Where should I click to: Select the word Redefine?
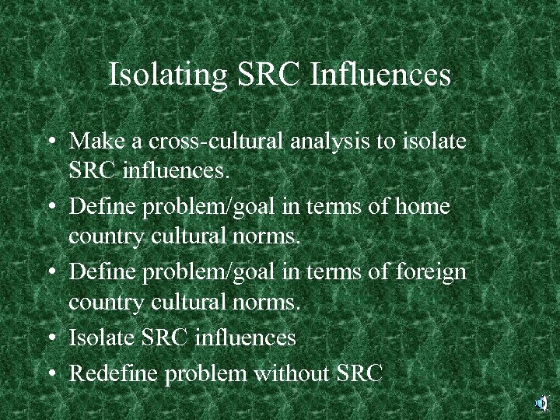115,373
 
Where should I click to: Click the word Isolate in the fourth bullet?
104,338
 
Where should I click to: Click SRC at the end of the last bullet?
359,373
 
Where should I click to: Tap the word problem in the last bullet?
206,373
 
